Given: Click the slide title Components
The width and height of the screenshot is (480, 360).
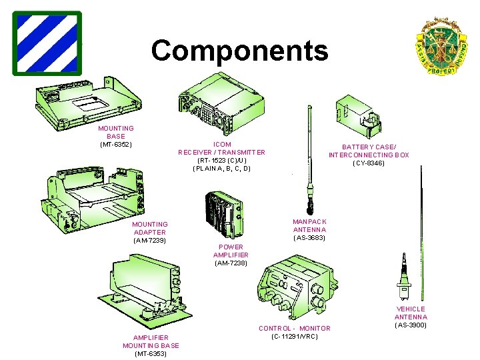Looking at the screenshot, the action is coord(239,51).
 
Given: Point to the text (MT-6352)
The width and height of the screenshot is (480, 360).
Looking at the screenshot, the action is coord(116,145).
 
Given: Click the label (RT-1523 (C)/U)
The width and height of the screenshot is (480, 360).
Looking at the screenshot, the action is coord(221,161).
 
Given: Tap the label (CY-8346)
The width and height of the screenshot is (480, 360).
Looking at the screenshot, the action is coord(369,163).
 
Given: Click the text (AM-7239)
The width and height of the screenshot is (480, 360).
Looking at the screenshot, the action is coord(149,240).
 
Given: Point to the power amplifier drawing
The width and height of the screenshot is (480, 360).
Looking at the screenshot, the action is coord(223,213).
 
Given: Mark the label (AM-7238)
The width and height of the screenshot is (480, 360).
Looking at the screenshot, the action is coord(231,263).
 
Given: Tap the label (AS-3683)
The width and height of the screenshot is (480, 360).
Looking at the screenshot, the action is coord(309,238).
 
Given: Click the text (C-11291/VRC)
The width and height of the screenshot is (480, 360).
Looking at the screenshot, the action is coord(295,337).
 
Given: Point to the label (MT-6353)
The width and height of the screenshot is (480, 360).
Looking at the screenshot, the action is coord(151,354).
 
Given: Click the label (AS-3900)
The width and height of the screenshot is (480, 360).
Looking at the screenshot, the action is coord(411,325).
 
